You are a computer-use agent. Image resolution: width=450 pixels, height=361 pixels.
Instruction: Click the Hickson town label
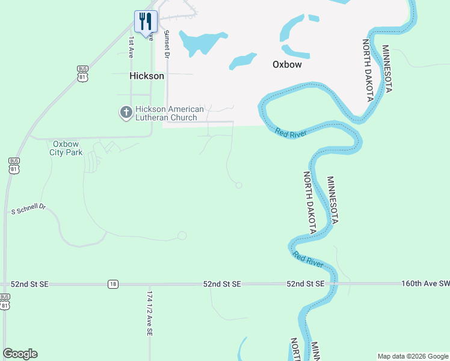click(x=147, y=76)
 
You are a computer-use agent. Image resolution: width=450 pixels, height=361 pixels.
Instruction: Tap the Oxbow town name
click(x=286, y=64)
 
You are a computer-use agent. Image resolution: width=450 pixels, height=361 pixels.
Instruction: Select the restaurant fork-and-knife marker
click(x=146, y=22)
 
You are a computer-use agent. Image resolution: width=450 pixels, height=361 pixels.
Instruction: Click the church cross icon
click(x=126, y=113)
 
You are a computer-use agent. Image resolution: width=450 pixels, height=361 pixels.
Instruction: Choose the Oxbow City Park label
click(x=66, y=148)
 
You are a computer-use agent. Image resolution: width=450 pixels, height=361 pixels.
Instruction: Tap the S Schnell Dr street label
click(x=29, y=209)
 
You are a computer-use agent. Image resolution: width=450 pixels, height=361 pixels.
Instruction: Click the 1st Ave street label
click(x=131, y=47)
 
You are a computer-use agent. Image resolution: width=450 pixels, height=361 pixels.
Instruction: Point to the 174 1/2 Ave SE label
click(x=150, y=313)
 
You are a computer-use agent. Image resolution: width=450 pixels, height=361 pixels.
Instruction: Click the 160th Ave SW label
click(x=425, y=283)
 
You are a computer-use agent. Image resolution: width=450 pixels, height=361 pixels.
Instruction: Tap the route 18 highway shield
click(x=113, y=284)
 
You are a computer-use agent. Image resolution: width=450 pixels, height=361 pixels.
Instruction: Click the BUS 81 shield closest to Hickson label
click(x=83, y=73)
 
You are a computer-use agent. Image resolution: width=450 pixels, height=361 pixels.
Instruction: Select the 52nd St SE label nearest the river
click(x=305, y=283)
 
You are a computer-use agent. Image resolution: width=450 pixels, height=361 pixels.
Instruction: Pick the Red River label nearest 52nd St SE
click(x=308, y=260)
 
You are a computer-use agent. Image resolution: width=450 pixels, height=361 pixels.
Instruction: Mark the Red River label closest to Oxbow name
click(x=291, y=132)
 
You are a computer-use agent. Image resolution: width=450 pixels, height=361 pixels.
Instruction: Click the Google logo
click(x=20, y=354)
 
